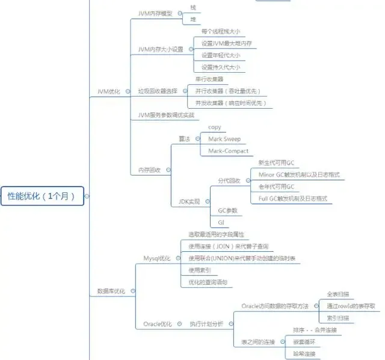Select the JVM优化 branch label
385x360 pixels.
point(108,91)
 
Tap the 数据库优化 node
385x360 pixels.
point(111,291)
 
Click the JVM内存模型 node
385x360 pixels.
point(155,13)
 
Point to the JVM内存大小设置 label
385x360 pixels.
point(160,49)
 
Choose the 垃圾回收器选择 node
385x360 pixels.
point(158,91)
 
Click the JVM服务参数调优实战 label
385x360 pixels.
point(166,114)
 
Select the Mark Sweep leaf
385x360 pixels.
point(224,139)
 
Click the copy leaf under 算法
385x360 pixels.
point(215,127)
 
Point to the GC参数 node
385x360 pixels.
point(227,210)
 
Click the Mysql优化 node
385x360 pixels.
point(156,258)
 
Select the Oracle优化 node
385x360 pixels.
point(157,324)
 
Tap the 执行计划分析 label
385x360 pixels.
point(206,324)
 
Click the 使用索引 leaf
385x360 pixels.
point(199,270)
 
